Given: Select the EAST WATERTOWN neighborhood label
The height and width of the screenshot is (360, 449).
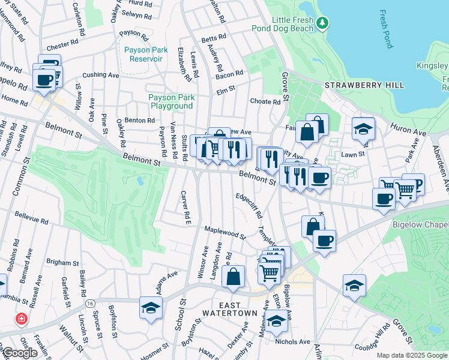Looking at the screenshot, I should point(229,308).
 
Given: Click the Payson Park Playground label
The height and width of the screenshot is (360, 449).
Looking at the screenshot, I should point(171,101).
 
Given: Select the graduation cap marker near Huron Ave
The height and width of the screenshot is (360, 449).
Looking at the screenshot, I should point(363,129).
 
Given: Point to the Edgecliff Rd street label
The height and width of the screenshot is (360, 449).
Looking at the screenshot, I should point(249,205).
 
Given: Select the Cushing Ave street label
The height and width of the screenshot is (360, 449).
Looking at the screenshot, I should point(100,75).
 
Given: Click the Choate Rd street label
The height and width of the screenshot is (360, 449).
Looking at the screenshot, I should point(265,102).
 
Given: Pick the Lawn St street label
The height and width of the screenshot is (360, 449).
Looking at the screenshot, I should point(353,154).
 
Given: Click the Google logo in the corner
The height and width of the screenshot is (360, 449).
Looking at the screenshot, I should point(20,353).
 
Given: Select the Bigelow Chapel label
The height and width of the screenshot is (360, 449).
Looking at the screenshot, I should point(423,224).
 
